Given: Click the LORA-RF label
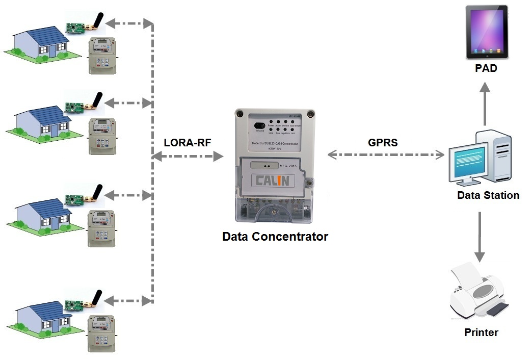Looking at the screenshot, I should tap(187, 143).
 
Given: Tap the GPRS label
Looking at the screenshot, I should tap(383, 143).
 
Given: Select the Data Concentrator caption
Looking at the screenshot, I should tap(275, 237).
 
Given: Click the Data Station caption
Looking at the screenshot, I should tap(488, 195).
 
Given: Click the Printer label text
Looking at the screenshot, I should tap(481, 333).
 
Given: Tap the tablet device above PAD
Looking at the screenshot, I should tap(487, 32).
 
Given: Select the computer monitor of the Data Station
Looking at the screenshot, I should tap(468, 163).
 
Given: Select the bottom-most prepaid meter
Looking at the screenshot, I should tap(102, 333).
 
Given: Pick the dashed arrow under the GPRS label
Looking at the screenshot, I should tap(385, 155).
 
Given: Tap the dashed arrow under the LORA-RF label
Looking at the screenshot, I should tap(188, 157).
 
